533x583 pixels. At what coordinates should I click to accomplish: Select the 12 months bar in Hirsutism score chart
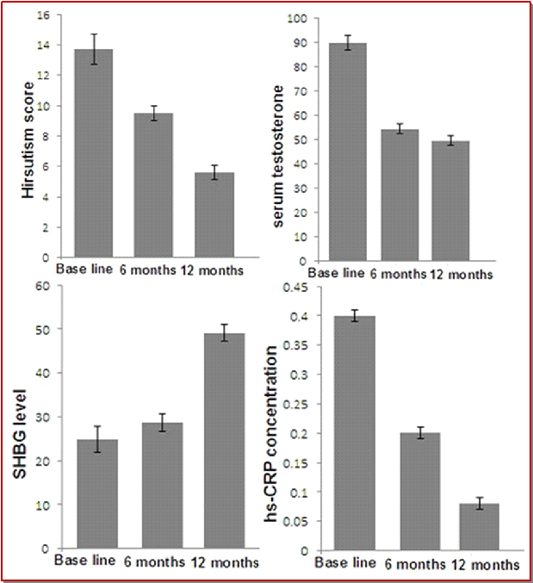click(x=214, y=215)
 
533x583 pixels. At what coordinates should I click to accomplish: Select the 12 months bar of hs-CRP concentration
click(x=479, y=527)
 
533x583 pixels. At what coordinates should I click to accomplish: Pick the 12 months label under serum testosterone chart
click(x=463, y=275)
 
